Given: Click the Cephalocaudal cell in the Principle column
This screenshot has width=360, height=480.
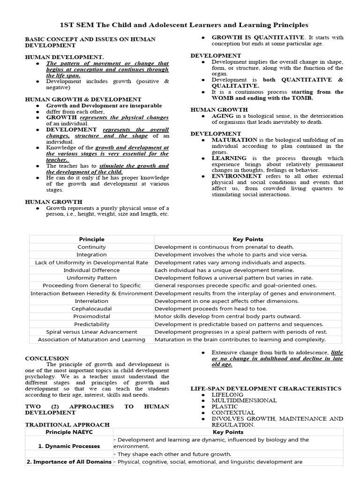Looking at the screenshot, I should pyautogui.click(x=91, y=308).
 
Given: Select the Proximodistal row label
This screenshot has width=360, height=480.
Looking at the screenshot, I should pyautogui.click(x=91, y=316).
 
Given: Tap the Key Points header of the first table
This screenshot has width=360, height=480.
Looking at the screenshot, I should pyautogui.click(x=248, y=239).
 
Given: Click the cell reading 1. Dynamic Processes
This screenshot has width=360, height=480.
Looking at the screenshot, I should pyautogui.click(x=69, y=446).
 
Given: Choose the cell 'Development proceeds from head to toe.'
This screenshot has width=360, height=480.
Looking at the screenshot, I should pyautogui.click(x=210, y=308).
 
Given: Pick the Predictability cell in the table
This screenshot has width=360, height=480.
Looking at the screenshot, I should pyautogui.click(x=91, y=324).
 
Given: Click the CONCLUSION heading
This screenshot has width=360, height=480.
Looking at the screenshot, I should pyautogui.click(x=47, y=358).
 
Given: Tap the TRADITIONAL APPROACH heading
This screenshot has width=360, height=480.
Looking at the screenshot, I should pyautogui.click(x=67, y=425).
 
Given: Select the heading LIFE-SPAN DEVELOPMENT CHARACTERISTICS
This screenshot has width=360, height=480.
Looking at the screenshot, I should pyautogui.click(x=266, y=389).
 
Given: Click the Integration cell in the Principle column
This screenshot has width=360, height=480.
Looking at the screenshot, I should pyautogui.click(x=91, y=255).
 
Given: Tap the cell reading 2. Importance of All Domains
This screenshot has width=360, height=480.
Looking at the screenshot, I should pyautogui.click(x=69, y=462).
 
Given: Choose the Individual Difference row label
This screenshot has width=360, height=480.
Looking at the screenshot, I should pyautogui.click(x=91, y=270).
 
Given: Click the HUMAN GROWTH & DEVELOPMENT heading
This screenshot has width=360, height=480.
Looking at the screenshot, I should pyautogui.click(x=83, y=99).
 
